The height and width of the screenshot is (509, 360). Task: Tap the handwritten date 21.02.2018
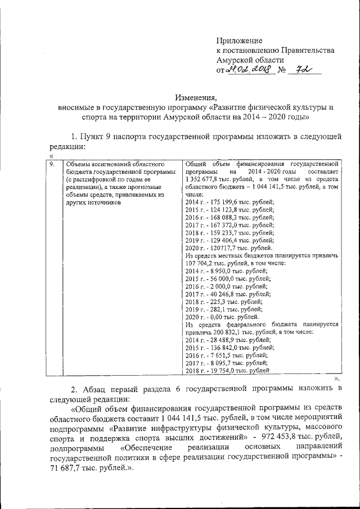tap(249, 70)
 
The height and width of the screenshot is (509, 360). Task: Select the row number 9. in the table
tap(52, 164)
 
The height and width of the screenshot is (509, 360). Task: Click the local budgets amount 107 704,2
tap(202, 263)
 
